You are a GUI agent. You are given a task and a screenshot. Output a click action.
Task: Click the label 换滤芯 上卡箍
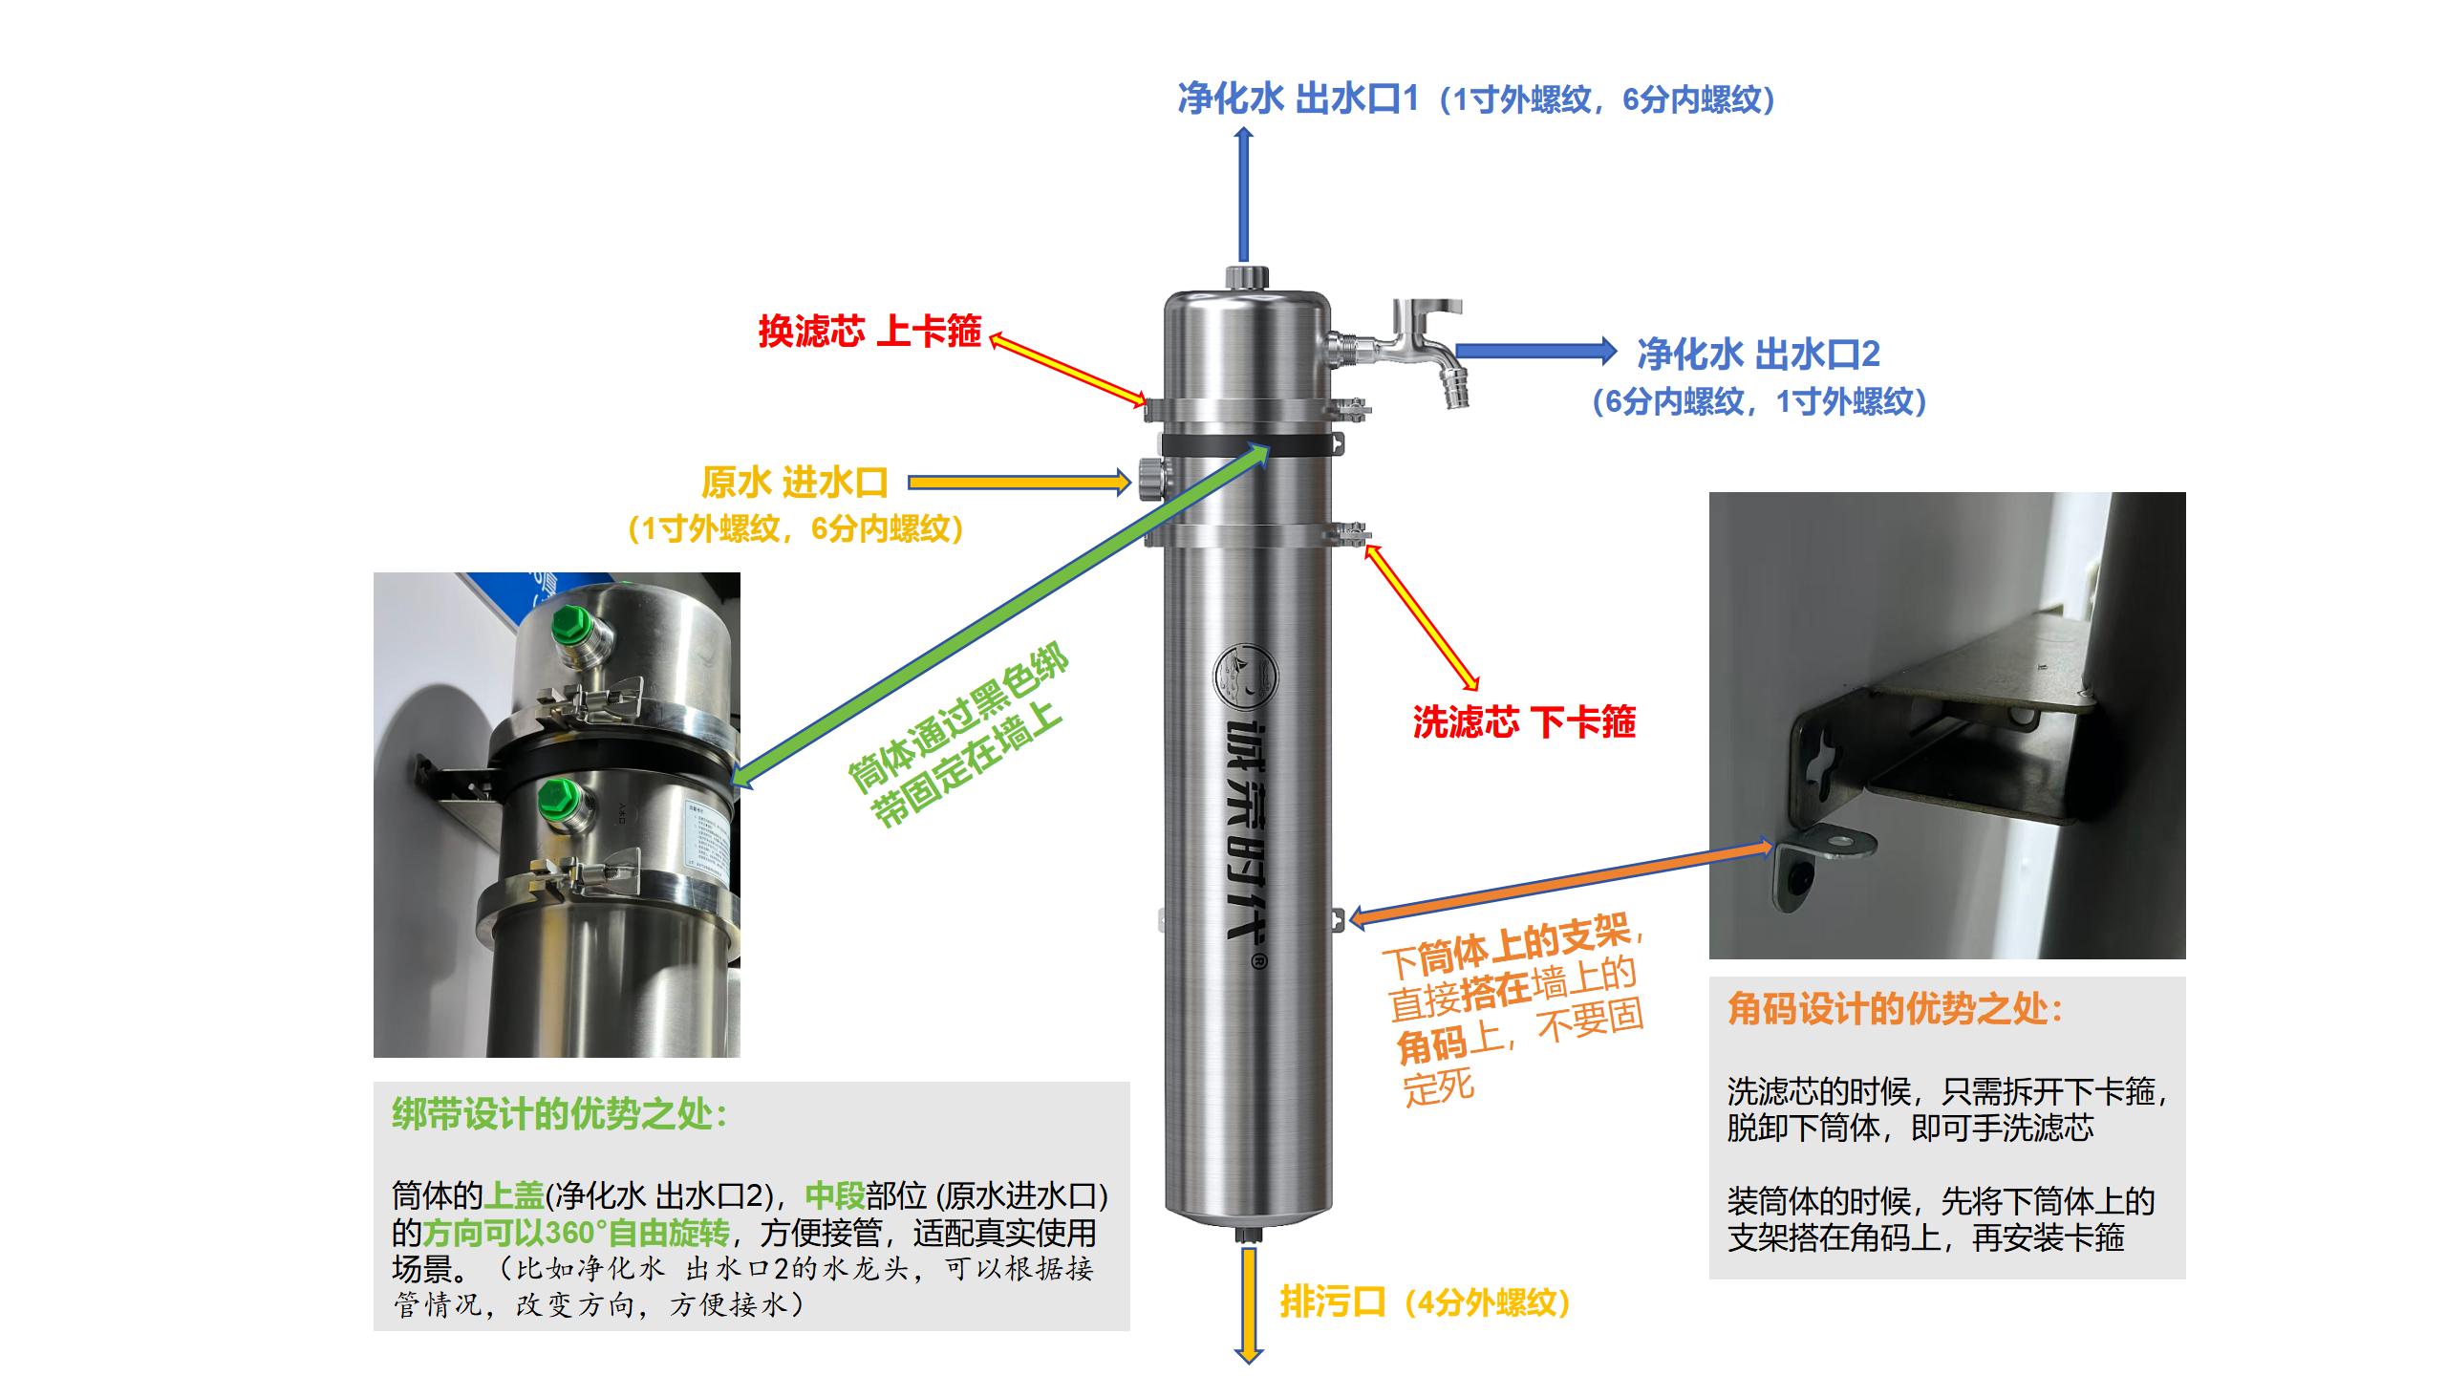[x=869, y=332]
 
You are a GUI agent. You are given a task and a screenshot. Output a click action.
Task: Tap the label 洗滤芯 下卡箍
[x=1524, y=721]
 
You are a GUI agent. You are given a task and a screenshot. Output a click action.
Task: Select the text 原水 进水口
[x=795, y=483]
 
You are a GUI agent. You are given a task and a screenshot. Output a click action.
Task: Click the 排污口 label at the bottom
[x=1332, y=1301]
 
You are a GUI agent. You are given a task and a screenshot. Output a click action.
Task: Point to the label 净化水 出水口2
[x=1758, y=355]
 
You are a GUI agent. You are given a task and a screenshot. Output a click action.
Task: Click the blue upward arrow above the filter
[x=1244, y=195]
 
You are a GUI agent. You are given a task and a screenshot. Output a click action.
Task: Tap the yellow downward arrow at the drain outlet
[x=1248, y=1304]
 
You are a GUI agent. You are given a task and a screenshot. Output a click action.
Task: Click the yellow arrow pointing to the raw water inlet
[x=1019, y=483]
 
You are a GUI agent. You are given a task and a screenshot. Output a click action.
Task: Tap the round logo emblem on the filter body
[x=1244, y=680]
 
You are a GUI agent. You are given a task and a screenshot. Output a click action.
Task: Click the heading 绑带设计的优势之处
[x=560, y=1114]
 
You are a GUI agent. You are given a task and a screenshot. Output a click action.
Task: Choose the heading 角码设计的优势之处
[x=1896, y=1009]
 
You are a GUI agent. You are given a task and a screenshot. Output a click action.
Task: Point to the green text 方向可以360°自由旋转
[x=575, y=1233]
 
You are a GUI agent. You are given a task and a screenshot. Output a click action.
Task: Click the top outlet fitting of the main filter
[x=1246, y=278]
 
